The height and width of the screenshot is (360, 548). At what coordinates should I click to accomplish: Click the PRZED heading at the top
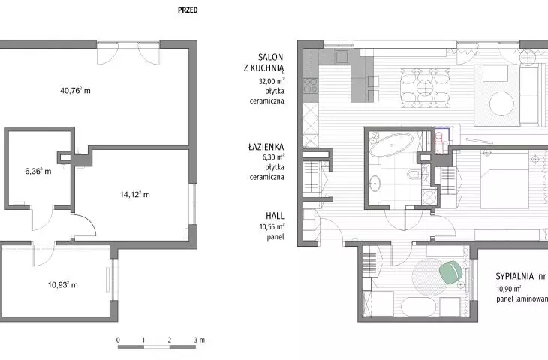[188, 10]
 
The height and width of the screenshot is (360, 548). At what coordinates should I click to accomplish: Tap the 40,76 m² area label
[75, 91]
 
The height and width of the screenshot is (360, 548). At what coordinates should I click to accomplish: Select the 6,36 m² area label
[38, 171]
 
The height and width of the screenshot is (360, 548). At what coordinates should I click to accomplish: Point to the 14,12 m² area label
[134, 194]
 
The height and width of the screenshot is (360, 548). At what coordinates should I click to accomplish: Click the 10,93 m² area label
[62, 284]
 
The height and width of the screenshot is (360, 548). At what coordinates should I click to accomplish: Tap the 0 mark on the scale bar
[118, 340]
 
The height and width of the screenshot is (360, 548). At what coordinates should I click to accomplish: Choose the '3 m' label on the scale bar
[200, 340]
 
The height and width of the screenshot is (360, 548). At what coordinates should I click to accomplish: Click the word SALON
[270, 57]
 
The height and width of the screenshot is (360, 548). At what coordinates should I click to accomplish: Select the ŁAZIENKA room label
[266, 147]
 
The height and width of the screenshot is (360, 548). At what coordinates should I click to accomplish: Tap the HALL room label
[275, 216]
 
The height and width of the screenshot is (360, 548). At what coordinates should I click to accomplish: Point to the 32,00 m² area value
[271, 81]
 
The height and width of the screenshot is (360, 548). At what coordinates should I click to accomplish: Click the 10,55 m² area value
[272, 226]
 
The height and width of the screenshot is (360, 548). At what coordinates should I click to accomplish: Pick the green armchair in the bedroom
[451, 272]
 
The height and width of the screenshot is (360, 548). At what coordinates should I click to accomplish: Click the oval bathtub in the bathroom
[391, 145]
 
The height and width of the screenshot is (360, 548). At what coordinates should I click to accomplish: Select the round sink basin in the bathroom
[375, 182]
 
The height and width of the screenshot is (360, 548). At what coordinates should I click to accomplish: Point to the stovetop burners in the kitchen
[310, 85]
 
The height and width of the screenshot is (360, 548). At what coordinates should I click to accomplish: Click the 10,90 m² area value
[508, 289]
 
